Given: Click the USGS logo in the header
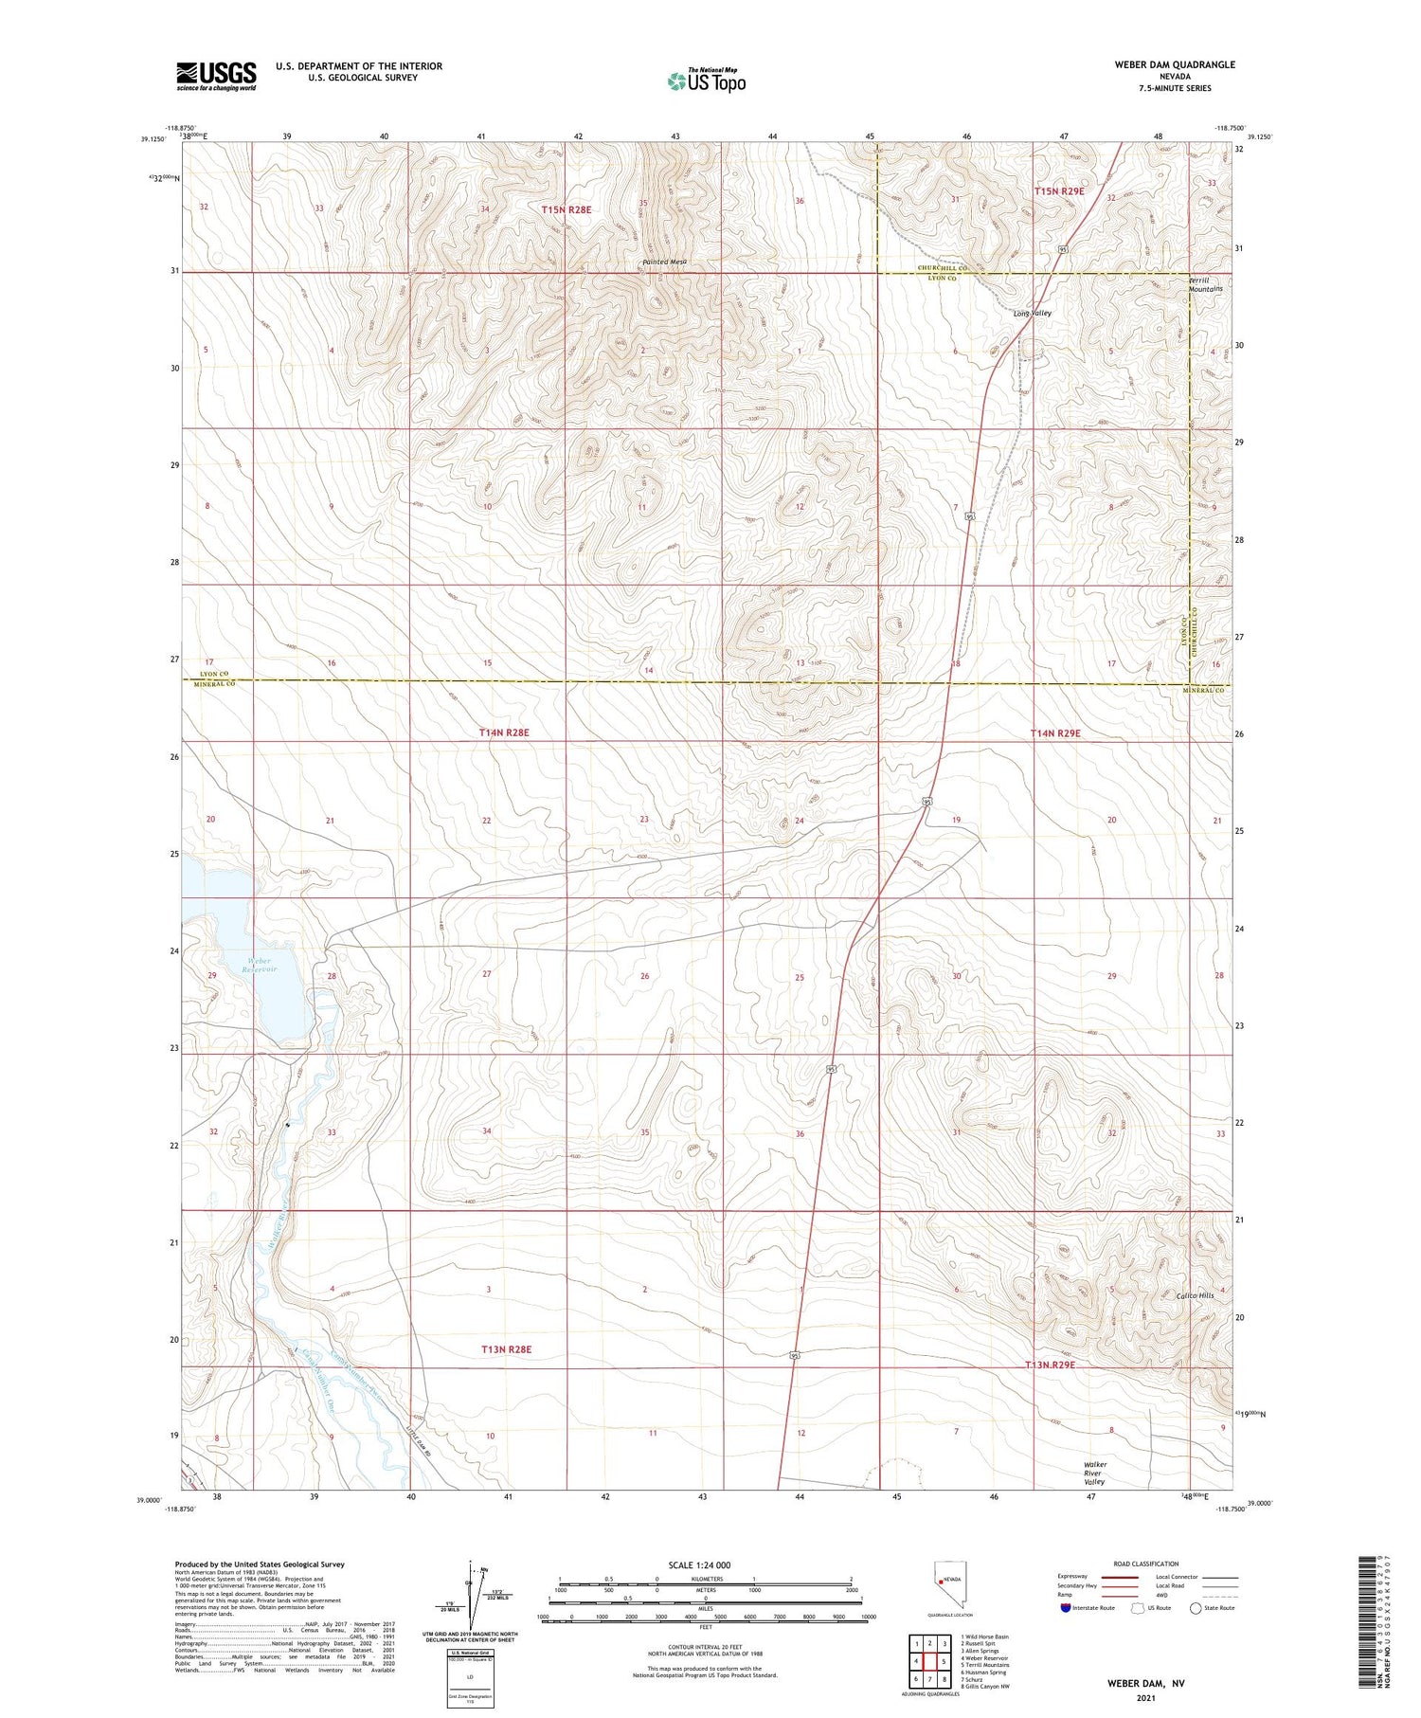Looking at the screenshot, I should (x=216, y=76).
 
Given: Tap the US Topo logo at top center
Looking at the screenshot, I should (x=706, y=81).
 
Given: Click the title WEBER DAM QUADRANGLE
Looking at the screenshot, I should (x=1175, y=64).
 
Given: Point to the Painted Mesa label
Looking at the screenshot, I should (x=663, y=262).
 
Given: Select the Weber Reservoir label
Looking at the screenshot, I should (x=258, y=965).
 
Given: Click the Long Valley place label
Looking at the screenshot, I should (x=1032, y=313).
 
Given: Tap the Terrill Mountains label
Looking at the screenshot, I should (x=1205, y=284).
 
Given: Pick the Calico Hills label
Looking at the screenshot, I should (x=1194, y=1295).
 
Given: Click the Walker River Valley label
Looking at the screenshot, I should (x=1095, y=1473).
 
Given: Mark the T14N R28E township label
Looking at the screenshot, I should (x=504, y=732).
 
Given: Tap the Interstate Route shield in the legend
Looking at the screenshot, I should (x=1065, y=1608).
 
